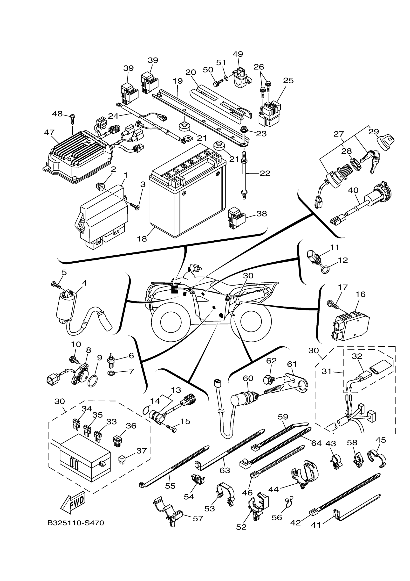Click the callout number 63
[x=225, y=470]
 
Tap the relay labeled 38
[x=236, y=218]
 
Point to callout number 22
[x=265, y=173]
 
